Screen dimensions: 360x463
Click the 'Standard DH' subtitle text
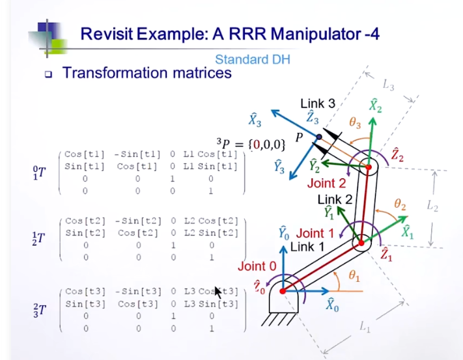pyautogui.click(x=252, y=59)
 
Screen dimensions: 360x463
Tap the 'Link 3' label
pyautogui.click(x=317, y=104)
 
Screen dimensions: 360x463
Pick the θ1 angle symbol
pyautogui.click(x=354, y=276)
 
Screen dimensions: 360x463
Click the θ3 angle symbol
pyautogui.click(x=354, y=124)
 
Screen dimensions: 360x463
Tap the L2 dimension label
pyautogui.click(x=432, y=206)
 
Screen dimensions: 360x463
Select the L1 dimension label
pyautogui.click(x=365, y=327)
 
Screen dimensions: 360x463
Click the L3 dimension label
pyautogui.click(x=388, y=84)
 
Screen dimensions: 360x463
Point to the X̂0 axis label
pyautogui.click(x=331, y=304)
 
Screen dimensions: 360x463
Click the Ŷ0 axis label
pyautogui.click(x=283, y=232)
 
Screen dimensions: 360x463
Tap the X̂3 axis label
pyautogui.click(x=255, y=119)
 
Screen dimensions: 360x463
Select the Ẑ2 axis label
pyautogui.click(x=397, y=154)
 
